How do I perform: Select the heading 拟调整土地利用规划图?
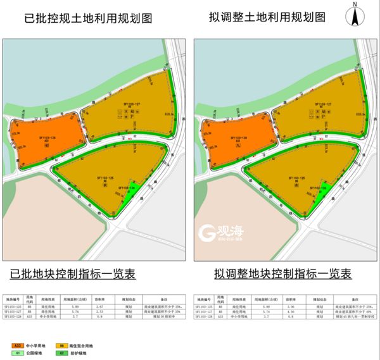click(272, 18)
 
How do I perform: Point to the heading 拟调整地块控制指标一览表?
click(282, 274)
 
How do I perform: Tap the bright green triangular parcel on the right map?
click(320, 192)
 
